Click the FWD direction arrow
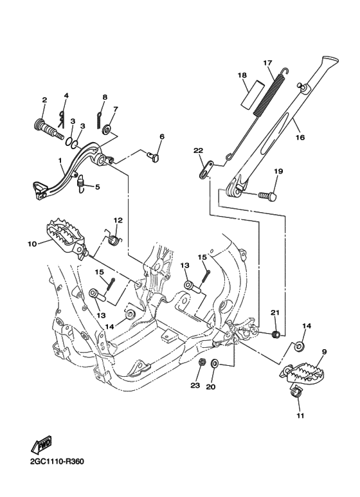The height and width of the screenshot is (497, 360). pos(41,444)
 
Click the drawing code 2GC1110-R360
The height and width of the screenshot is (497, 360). pos(57,461)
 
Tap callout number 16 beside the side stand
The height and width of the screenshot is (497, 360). pos(300,137)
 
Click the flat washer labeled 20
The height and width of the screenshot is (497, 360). pos(214,363)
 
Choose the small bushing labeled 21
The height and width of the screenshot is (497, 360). pos(276,334)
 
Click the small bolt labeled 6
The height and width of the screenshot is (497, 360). pos(154,158)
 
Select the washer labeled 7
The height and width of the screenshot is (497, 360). pos(106,130)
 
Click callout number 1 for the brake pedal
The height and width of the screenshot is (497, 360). pos(60,161)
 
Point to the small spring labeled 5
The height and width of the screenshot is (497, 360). pos(82,183)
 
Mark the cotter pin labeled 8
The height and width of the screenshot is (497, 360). pos(99,120)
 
